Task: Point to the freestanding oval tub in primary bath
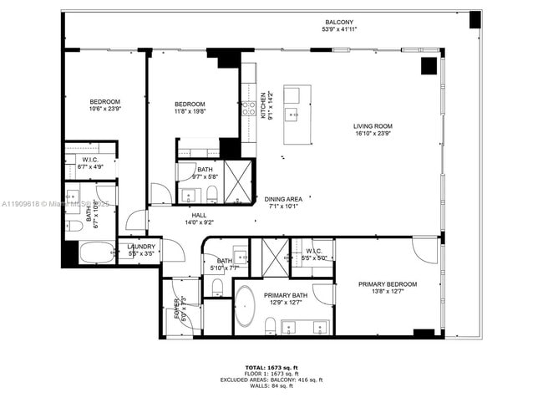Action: [x=246, y=305]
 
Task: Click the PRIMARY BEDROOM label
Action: [x=387, y=284]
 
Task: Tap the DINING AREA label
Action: [x=283, y=199]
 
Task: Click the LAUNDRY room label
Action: [x=141, y=246]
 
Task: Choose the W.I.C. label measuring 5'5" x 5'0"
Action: [x=315, y=251]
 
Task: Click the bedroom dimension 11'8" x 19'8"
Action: [x=190, y=111]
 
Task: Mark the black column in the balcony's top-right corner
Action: [x=474, y=19]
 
